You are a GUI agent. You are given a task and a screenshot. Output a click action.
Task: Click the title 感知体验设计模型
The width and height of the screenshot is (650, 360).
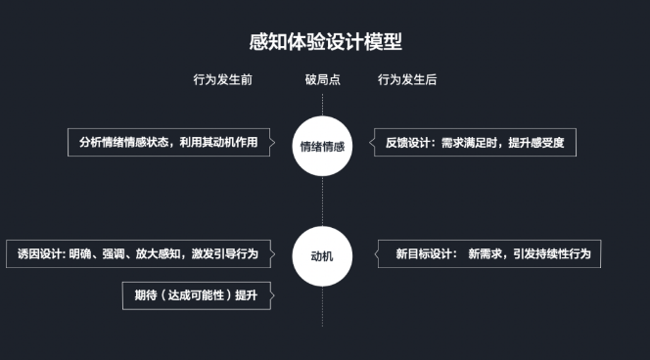point(325,41)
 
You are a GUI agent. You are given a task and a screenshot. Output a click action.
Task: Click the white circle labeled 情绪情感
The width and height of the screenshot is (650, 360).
point(322,144)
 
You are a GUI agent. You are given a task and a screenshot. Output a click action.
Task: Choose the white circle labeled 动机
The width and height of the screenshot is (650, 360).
point(322,254)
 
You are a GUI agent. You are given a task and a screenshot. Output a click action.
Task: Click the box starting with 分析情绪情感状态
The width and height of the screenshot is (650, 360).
point(168,142)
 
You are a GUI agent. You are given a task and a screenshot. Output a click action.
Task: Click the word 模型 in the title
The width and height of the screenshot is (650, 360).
point(385,41)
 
